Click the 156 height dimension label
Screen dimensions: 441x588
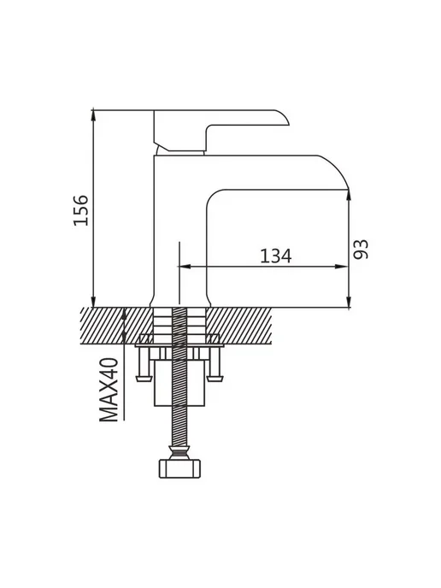[x=81, y=210]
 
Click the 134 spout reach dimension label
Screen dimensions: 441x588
[x=275, y=256]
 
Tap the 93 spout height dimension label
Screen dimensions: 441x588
[x=362, y=250]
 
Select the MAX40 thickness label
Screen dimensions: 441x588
[x=109, y=390]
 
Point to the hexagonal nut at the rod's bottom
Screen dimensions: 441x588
[x=179, y=468]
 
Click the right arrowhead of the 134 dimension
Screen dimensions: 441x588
[x=342, y=267]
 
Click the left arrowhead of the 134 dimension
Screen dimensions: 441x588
[x=186, y=267]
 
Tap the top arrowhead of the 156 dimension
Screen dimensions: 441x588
[x=93, y=116]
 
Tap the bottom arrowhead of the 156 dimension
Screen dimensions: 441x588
[x=93, y=300]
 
